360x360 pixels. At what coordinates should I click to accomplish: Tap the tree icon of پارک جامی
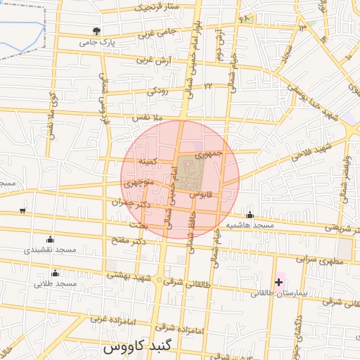(x=96, y=31)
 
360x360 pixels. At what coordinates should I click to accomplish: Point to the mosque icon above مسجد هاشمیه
(x=249, y=214)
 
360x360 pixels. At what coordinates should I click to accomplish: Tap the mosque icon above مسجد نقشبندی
(x=49, y=238)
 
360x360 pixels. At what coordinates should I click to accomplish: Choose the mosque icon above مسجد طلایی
(x=55, y=273)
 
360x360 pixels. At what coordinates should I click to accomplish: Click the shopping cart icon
(x=22, y=210)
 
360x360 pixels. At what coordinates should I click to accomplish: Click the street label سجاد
(x=286, y=53)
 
